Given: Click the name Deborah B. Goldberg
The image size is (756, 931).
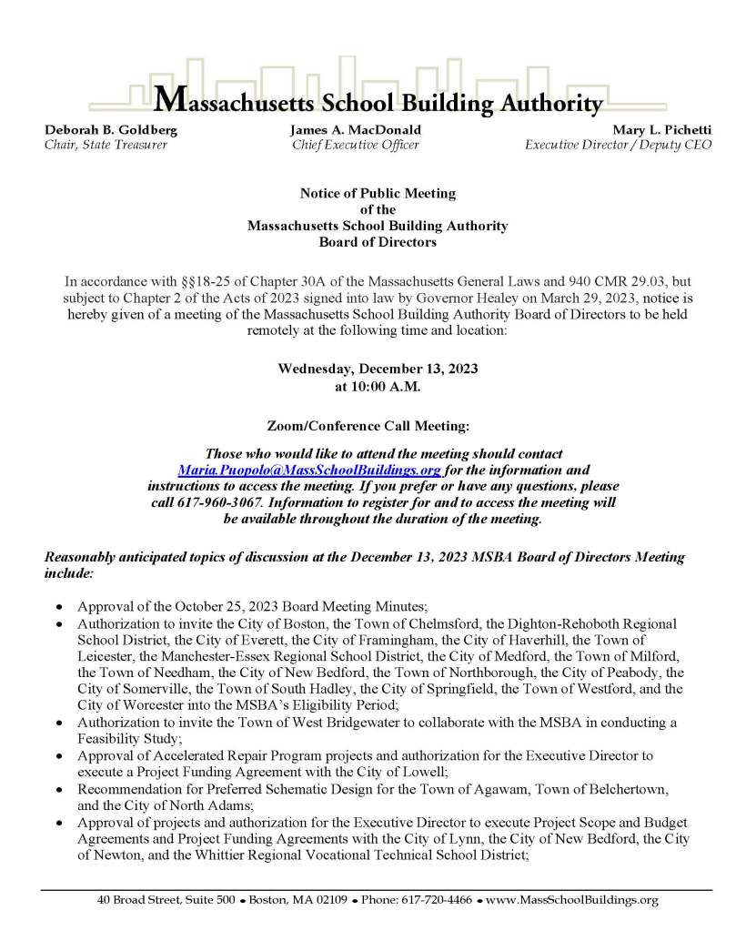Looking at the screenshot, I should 111,130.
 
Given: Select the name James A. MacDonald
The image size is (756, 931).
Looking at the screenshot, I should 356,130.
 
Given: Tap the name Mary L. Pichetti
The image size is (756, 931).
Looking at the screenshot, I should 662,130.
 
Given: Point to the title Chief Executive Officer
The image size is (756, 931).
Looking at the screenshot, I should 356,145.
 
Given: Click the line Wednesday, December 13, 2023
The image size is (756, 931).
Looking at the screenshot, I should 378,369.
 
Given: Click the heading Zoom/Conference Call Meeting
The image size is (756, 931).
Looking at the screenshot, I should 378,425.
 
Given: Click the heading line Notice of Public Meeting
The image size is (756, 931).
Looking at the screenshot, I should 378,194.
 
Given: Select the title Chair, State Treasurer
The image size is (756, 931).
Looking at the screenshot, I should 106,145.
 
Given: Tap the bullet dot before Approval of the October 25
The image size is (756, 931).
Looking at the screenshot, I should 59,606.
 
